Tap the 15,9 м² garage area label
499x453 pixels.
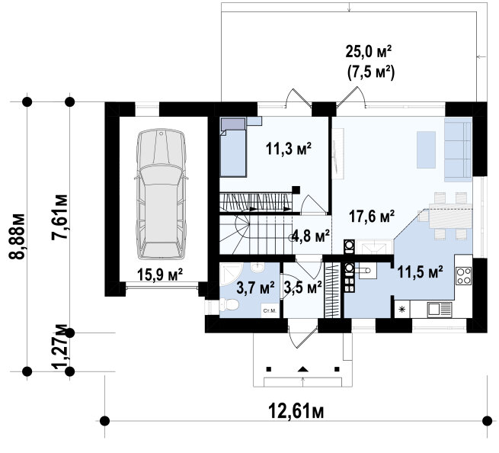tap(160, 275)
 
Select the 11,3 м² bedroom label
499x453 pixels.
tap(289, 149)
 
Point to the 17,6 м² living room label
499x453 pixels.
tap(372, 217)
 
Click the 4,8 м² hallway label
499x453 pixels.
tap(311, 236)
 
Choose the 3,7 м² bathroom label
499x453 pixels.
tap(255, 288)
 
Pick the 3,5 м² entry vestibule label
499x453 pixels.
tap(302, 288)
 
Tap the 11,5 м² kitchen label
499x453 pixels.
tap(420, 272)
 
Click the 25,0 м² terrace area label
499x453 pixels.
tap(369, 52)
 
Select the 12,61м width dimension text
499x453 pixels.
tap(296, 411)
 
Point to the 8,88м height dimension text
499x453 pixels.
tap(17, 236)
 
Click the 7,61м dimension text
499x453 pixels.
tap(60, 217)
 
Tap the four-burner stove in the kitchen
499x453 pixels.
tap(463, 276)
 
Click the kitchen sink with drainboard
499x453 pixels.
tap(439, 310)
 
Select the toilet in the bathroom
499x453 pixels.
tap(228, 305)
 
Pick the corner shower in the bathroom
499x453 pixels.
tap(232, 275)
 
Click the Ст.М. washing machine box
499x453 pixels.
tap(270, 310)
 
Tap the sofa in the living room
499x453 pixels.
tap(458, 149)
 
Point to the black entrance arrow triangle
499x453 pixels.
tap(302, 369)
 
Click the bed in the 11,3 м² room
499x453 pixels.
tap(232, 147)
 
